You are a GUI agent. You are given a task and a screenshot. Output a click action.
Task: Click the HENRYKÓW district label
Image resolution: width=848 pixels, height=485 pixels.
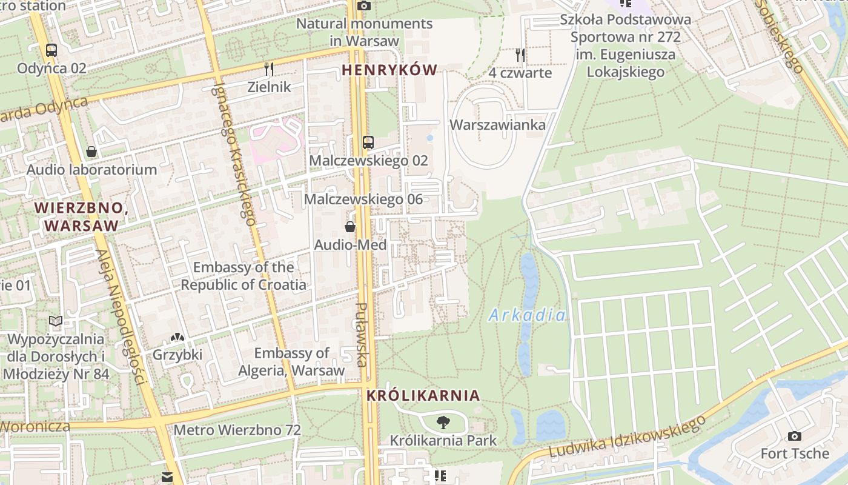389,70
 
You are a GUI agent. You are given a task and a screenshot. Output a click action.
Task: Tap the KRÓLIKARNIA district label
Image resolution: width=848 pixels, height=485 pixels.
423,395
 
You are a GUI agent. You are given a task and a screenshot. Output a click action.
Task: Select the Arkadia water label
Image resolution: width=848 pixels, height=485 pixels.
527,315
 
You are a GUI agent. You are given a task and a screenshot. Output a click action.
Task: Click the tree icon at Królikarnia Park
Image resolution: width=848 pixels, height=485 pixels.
443,423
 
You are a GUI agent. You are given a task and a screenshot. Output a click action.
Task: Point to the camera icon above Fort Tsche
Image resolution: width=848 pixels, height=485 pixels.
795,436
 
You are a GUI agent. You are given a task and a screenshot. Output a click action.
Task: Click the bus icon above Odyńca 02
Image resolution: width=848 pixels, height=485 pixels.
51,50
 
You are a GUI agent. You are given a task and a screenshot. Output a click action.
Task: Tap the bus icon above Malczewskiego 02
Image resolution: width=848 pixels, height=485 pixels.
368,142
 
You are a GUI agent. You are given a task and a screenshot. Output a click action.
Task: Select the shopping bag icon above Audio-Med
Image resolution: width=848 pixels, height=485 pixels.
350,227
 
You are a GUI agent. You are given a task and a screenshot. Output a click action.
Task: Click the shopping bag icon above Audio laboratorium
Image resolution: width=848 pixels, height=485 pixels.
91,152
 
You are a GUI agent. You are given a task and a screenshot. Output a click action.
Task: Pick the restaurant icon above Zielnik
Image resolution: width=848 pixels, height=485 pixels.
269,69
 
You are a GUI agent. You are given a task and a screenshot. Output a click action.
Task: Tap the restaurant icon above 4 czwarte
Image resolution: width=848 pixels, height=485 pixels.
520,55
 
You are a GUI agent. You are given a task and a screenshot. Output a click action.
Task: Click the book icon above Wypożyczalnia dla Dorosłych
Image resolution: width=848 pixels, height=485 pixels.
56,321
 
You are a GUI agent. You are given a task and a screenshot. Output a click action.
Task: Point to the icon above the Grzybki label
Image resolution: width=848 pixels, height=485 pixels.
177,336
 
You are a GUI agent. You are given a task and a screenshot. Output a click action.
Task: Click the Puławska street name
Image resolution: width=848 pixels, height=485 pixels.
361,335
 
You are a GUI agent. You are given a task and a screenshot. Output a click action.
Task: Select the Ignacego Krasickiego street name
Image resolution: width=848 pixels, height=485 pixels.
233,153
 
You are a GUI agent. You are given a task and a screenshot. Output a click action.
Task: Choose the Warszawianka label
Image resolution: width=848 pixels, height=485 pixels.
497,125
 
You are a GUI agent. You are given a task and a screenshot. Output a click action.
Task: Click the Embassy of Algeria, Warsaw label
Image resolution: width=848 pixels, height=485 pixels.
291,361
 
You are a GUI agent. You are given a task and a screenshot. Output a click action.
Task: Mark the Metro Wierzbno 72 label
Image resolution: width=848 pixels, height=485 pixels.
237,430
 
